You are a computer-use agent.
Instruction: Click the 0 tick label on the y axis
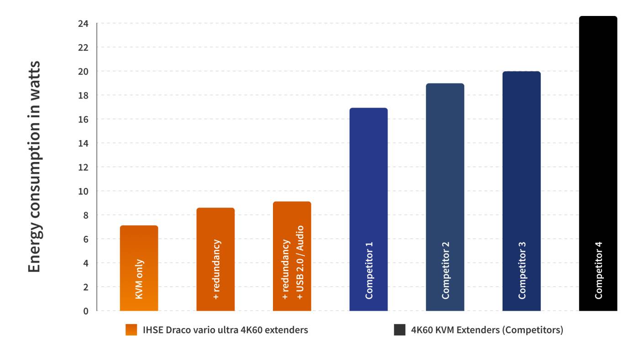[86, 311]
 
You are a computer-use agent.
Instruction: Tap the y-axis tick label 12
[83, 167]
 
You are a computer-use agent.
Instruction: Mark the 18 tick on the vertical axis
[83, 95]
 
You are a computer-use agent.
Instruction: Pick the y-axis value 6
[86, 239]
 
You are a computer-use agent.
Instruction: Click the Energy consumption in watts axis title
[34, 167]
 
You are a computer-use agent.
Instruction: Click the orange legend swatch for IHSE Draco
[131, 330]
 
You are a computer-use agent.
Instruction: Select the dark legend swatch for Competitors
[399, 330]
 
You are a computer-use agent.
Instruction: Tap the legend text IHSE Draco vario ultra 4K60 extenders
[225, 330]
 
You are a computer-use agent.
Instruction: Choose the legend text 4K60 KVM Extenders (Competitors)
[487, 330]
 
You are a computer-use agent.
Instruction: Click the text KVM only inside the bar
[139, 279]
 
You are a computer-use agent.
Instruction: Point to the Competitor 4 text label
[598, 270]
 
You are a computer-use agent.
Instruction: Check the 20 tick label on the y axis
[83, 72]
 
